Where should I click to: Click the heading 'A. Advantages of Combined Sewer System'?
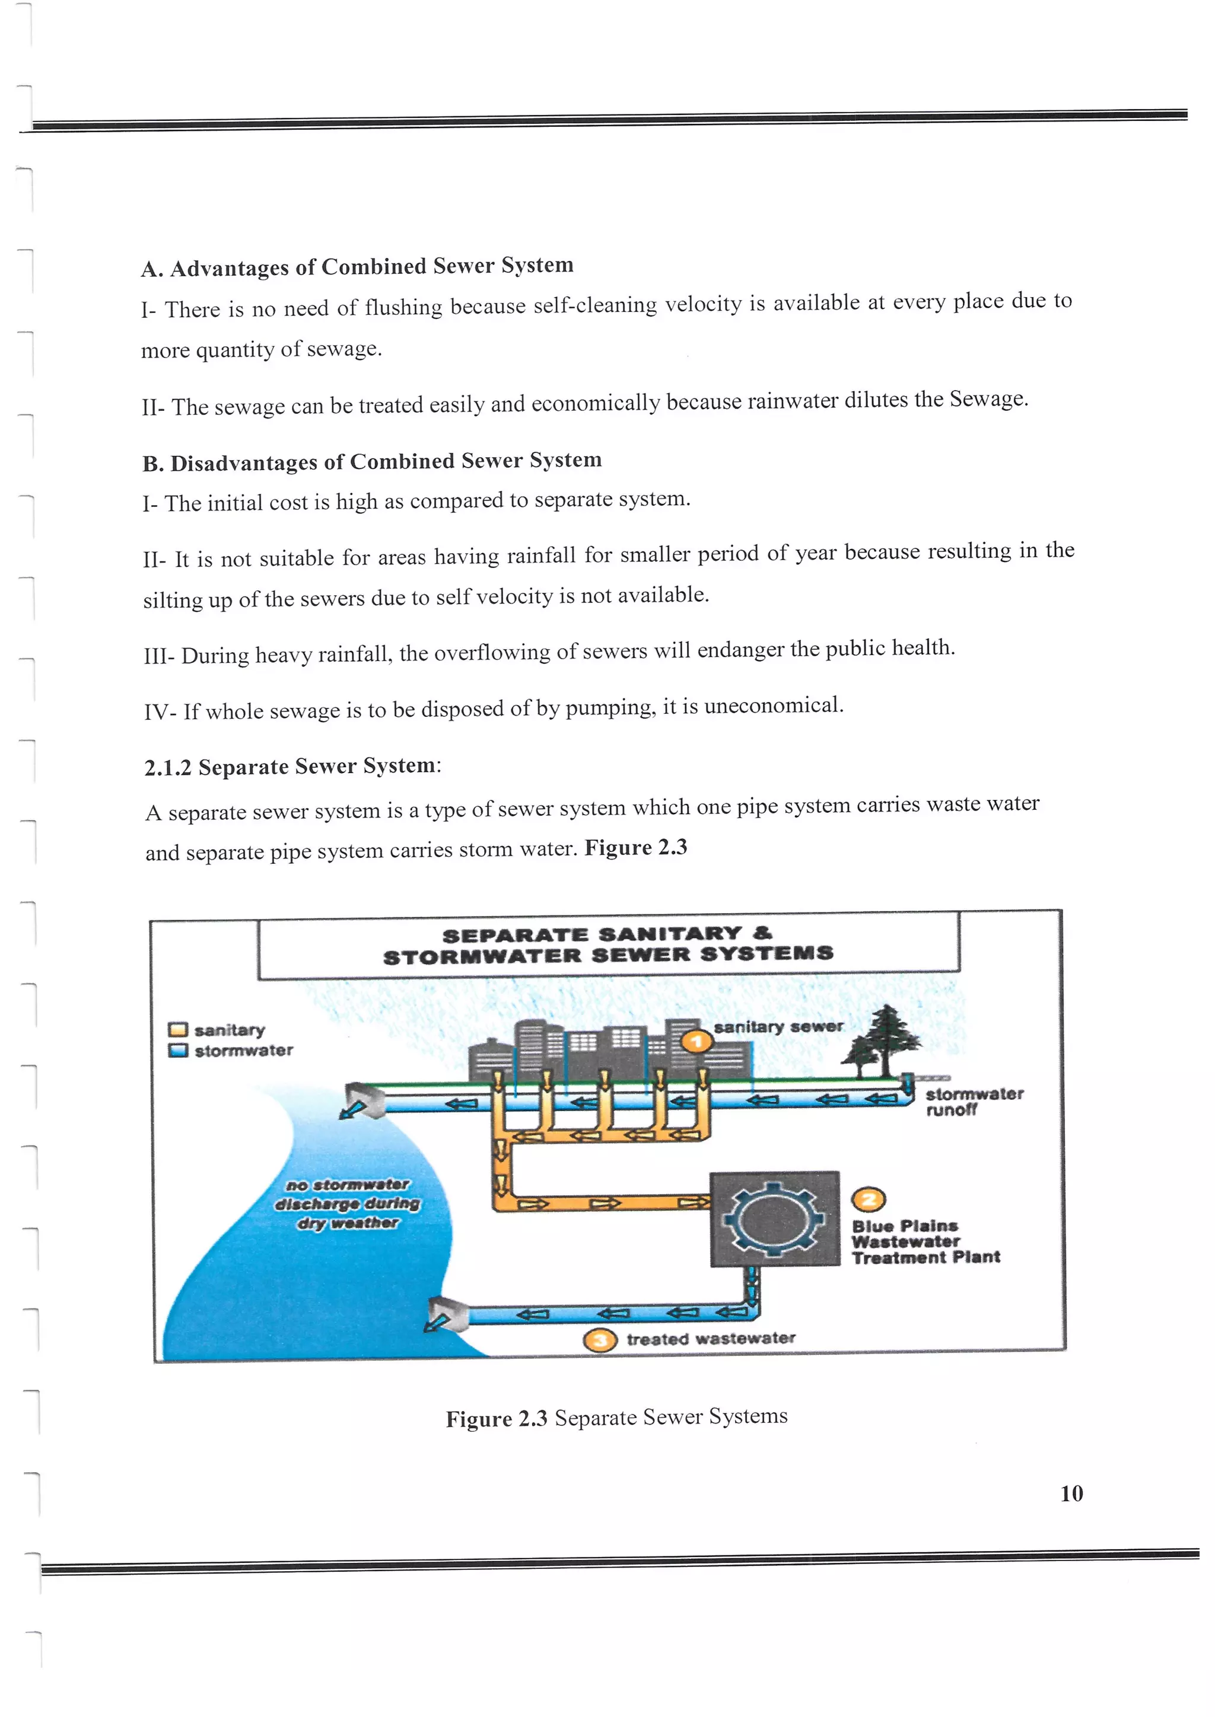[x=357, y=266]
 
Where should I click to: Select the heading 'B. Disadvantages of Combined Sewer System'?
[x=372, y=461]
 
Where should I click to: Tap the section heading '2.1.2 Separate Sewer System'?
[x=292, y=767]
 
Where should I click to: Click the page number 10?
[x=1071, y=1493]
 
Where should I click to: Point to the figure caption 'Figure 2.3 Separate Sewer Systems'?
[x=616, y=1417]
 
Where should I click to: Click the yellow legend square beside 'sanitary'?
[x=177, y=1030]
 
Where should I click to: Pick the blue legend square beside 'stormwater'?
[x=177, y=1051]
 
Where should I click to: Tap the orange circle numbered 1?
[x=696, y=1041]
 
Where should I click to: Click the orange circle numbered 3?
[x=600, y=1340]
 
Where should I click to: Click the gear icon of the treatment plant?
[x=775, y=1220]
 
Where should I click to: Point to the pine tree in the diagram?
[x=885, y=1039]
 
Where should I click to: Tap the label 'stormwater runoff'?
[x=972, y=1102]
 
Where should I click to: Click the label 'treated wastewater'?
[x=710, y=1339]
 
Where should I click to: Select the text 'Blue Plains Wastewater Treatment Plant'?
[x=925, y=1242]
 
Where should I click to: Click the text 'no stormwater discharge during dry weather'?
[x=348, y=1203]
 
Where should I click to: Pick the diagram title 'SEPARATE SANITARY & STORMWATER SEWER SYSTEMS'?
[x=607, y=944]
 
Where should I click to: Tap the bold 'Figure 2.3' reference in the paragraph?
[x=635, y=847]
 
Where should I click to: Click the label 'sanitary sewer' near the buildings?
[x=778, y=1027]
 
